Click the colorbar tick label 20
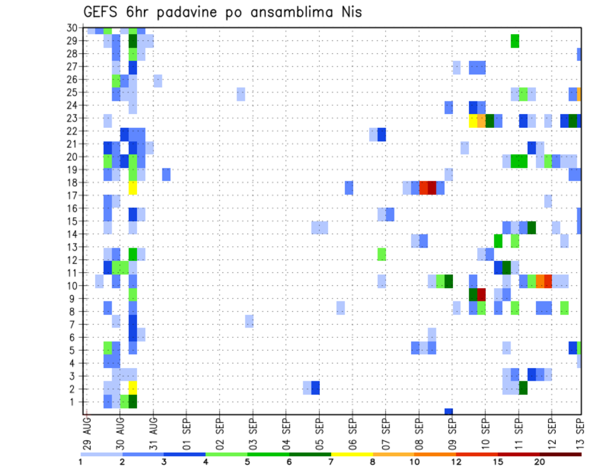coord(539,462)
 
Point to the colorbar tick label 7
coord(331,462)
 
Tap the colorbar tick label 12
coord(456,462)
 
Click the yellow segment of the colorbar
coord(351,454)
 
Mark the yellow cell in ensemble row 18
coord(133,188)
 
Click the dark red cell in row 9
coord(481,295)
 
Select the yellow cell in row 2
coord(133,388)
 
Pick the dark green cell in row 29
coord(133,41)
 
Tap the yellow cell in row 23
coord(473,120)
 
